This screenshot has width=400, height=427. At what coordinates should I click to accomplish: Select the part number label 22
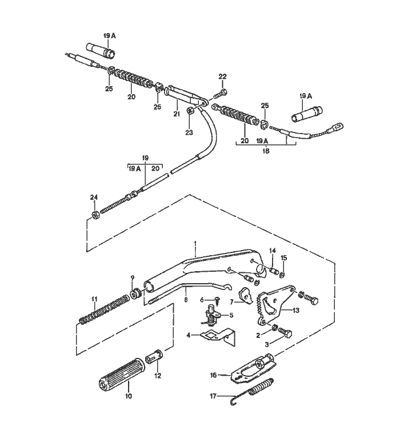pos(223,76)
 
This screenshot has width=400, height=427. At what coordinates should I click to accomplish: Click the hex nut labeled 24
pos(94,216)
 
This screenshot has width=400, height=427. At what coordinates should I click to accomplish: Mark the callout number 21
pos(177,114)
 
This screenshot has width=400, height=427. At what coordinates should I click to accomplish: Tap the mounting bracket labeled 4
pos(217,335)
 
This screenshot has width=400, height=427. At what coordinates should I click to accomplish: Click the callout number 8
pos(185,291)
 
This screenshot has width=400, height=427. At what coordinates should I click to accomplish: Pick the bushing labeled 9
pos(137,294)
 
